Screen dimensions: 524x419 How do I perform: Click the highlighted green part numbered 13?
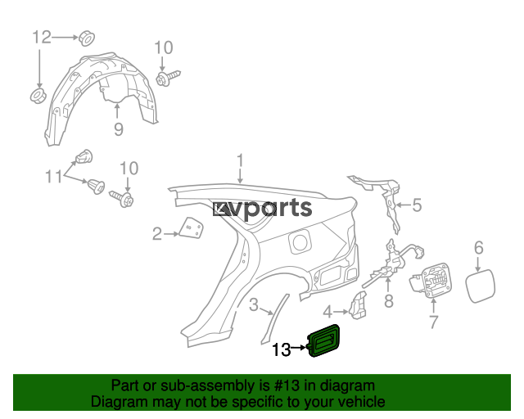(324, 340)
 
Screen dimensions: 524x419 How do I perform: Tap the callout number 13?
(282, 349)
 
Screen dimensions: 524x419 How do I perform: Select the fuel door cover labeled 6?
(481, 286)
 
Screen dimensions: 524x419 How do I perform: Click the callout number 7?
(433, 322)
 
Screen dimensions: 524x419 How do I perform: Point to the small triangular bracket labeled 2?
(192, 228)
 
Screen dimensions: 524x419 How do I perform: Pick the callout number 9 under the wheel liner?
(118, 129)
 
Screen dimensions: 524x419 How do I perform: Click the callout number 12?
(42, 37)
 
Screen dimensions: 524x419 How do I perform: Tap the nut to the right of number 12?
(87, 38)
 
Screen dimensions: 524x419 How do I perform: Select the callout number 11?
(54, 177)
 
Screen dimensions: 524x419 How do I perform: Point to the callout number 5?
(417, 205)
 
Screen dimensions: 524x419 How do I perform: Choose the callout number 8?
(389, 301)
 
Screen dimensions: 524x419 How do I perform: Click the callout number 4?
(327, 312)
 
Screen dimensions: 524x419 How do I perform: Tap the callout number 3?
(254, 305)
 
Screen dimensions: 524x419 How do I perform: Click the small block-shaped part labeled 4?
(358, 304)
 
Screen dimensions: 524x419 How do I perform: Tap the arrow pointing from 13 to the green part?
(299, 348)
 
